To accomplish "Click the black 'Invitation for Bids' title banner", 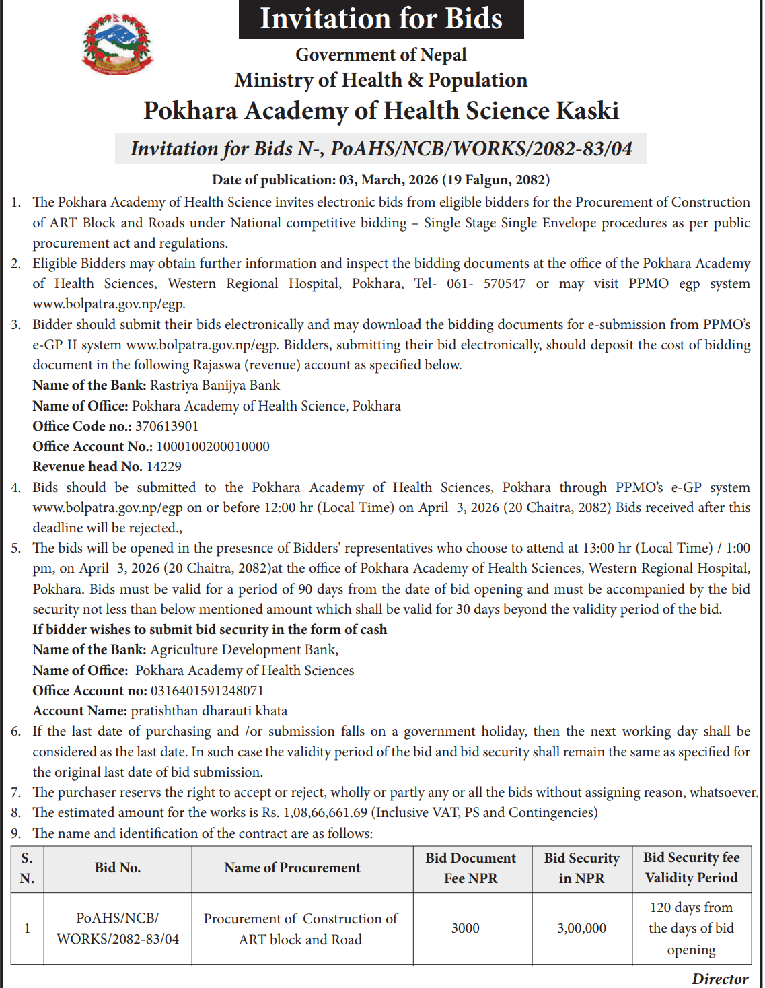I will point(381,19).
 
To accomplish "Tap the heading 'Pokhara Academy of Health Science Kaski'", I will point(381,111).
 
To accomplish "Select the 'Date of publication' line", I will point(381,180).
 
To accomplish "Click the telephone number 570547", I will point(505,283).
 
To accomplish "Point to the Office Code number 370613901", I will point(167,426).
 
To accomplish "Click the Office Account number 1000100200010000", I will point(213,446).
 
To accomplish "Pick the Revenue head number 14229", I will point(163,466).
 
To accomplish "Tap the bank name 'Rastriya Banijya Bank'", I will point(215,385).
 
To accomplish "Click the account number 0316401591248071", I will point(207,691).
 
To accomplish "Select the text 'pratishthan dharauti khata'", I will point(209,711).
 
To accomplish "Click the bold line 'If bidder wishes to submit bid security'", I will point(210,629).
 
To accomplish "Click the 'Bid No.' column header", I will point(118,868).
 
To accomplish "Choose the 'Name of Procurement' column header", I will point(292,868).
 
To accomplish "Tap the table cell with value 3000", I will point(465,928).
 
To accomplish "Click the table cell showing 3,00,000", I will point(581,928).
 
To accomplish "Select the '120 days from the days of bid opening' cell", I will point(691,928).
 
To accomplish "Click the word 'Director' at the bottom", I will point(720,979).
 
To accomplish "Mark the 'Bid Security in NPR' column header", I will point(581,868).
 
